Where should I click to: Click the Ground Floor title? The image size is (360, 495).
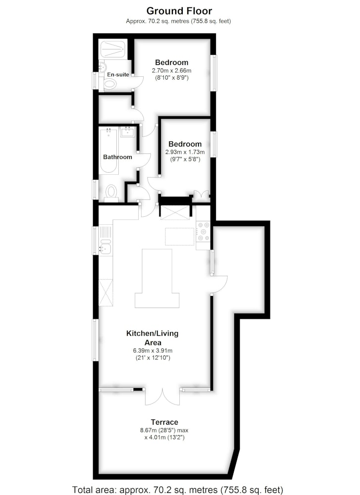pos(179,11)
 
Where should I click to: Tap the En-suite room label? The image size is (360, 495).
pos(118,75)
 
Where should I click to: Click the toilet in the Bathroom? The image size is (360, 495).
pos(111,193)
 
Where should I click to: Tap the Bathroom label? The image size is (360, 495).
pos(117,157)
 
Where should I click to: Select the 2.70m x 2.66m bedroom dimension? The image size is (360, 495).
pos(171,70)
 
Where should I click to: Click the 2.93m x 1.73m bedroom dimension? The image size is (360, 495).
pos(185,152)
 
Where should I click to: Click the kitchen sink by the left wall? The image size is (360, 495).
pos(105,246)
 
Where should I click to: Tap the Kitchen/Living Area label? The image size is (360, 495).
pos(153,338)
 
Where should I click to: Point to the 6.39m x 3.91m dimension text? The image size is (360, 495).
pos(153,351)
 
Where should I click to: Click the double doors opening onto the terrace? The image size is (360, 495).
pos(162,397)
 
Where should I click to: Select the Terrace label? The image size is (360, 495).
pos(164,422)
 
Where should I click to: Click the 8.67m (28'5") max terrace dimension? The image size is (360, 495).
pos(164,430)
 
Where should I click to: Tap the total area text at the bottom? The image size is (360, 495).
pos(178,490)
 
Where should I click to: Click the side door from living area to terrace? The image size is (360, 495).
pos(219,285)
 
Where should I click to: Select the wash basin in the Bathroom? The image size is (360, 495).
pos(128,131)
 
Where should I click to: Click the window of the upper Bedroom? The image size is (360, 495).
pos(214,73)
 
